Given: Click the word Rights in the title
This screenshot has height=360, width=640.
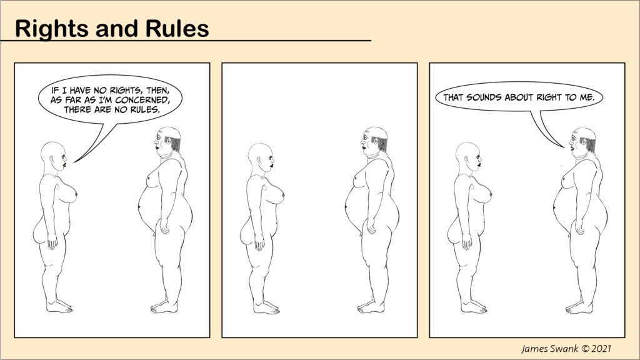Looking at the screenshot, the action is (x=52, y=29).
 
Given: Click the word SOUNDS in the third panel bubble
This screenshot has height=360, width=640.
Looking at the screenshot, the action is (x=484, y=97).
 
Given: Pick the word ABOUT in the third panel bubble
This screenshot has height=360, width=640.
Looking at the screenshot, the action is (x=519, y=97).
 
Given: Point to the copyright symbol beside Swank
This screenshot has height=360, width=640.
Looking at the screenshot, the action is (x=585, y=349).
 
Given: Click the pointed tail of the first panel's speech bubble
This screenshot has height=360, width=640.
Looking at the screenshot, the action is (x=74, y=162).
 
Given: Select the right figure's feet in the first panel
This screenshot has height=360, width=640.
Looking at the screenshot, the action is (x=164, y=307).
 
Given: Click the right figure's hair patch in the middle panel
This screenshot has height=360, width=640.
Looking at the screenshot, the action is (x=381, y=143).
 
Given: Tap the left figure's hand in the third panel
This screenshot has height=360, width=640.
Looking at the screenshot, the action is (x=466, y=242).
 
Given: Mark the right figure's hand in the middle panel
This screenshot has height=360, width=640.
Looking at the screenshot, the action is (x=371, y=226).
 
